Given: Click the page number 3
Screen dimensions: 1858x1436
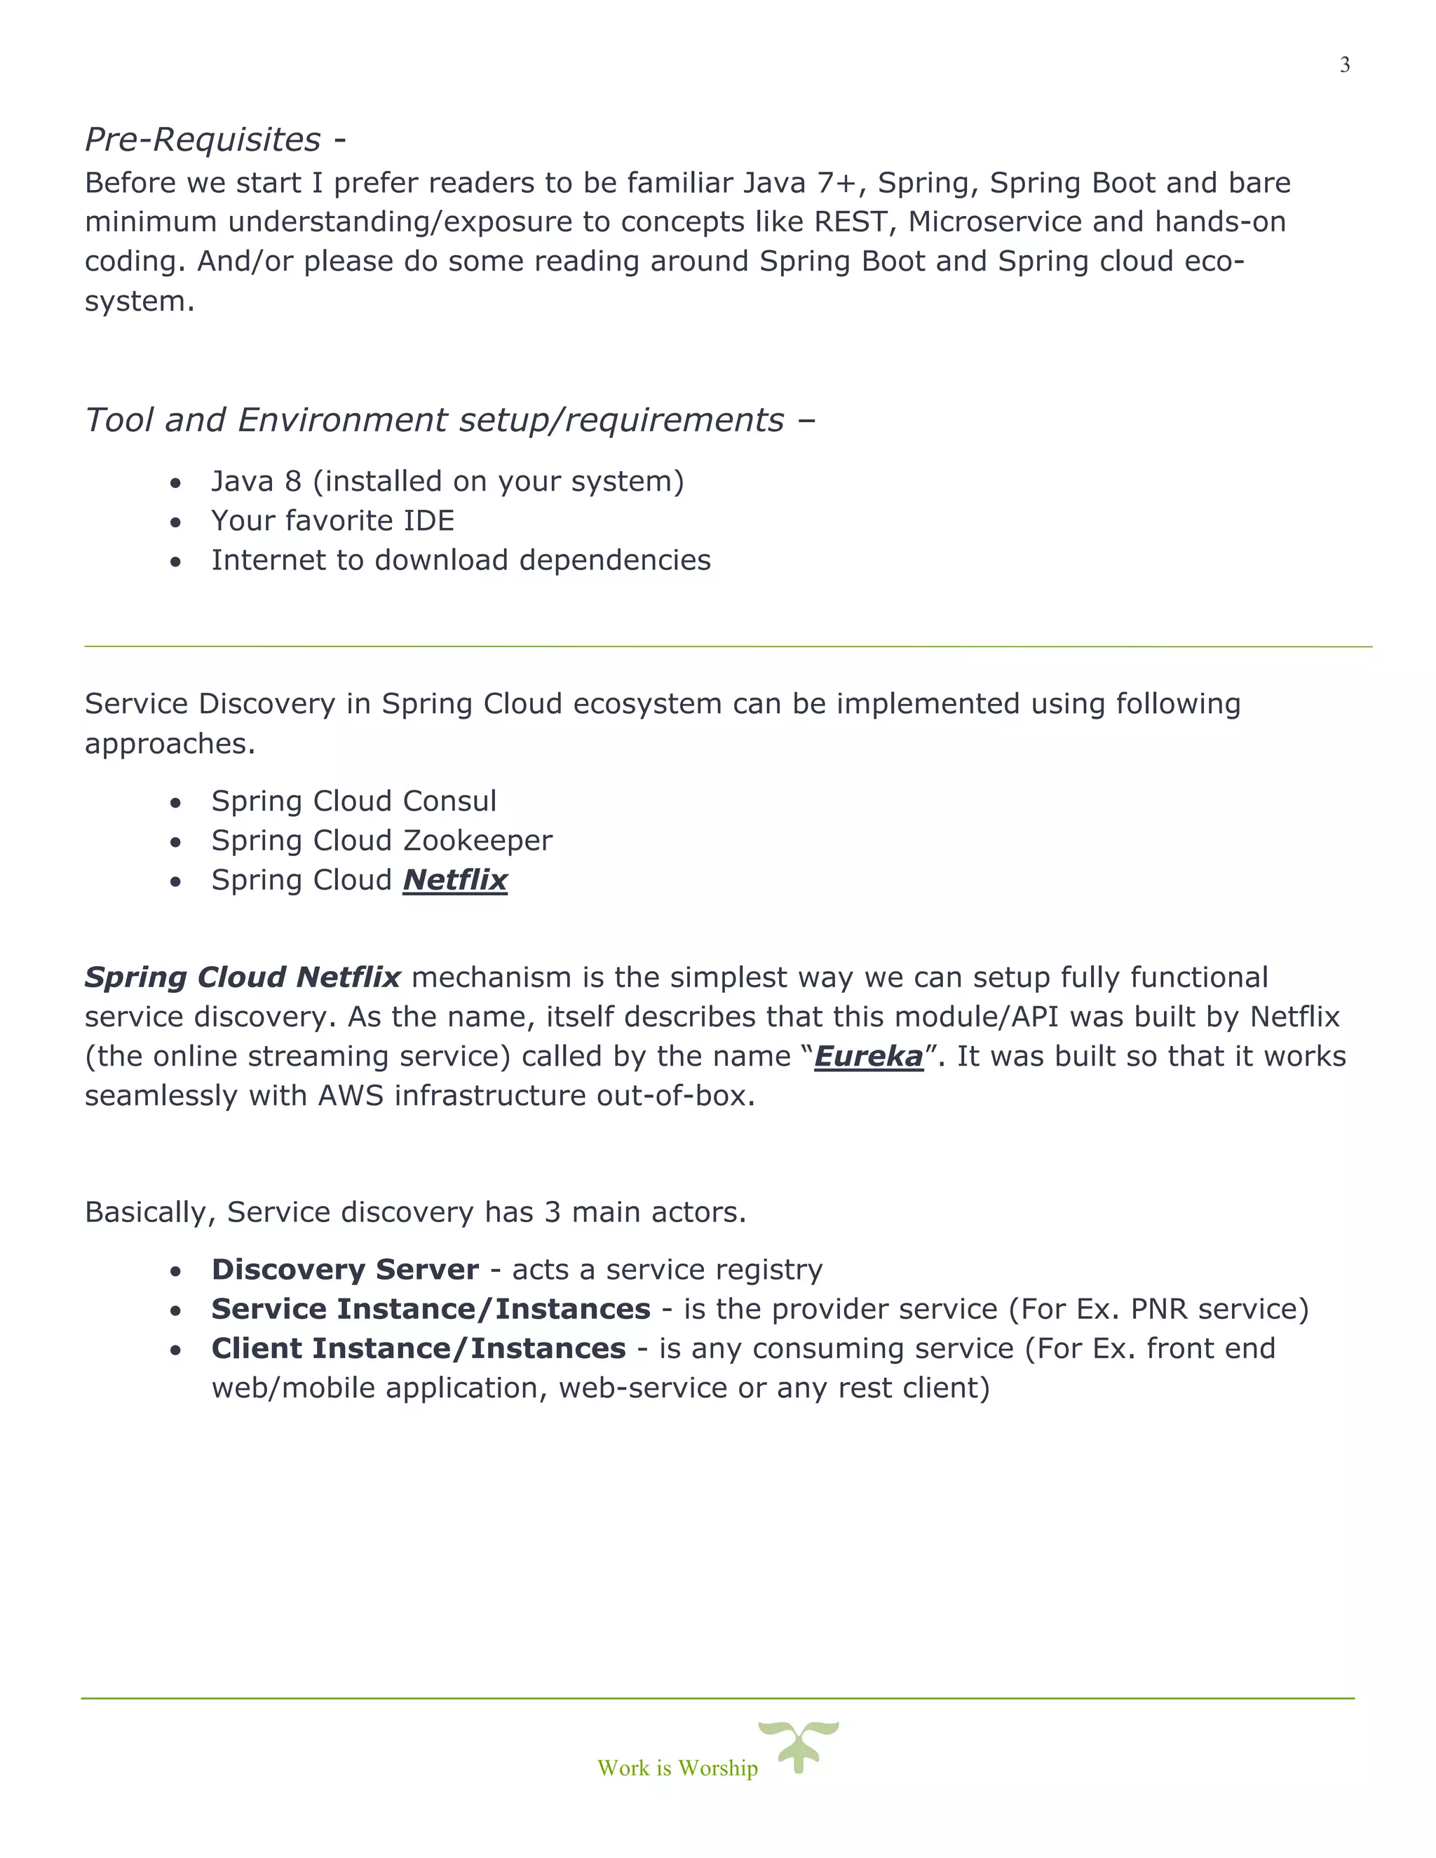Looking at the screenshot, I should (1344, 65).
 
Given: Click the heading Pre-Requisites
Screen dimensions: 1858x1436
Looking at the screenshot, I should (203, 140).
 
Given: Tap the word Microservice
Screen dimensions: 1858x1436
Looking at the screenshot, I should (994, 222).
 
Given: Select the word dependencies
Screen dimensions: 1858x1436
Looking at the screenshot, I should (614, 561).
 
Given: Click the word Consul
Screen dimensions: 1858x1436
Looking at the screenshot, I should (449, 801).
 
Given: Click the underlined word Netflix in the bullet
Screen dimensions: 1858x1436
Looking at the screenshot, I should (455, 881).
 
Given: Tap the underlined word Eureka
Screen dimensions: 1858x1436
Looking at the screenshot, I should (868, 1057).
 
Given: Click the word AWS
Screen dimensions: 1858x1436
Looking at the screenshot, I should (351, 1096).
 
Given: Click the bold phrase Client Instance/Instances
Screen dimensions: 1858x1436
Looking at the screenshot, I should (419, 1348).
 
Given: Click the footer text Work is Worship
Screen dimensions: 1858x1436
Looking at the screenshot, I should (677, 1768).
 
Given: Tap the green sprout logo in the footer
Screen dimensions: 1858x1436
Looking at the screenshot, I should (798, 1746).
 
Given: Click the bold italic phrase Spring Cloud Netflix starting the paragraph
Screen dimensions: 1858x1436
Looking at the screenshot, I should (243, 977).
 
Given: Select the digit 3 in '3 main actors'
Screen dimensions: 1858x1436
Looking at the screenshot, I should (552, 1212).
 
